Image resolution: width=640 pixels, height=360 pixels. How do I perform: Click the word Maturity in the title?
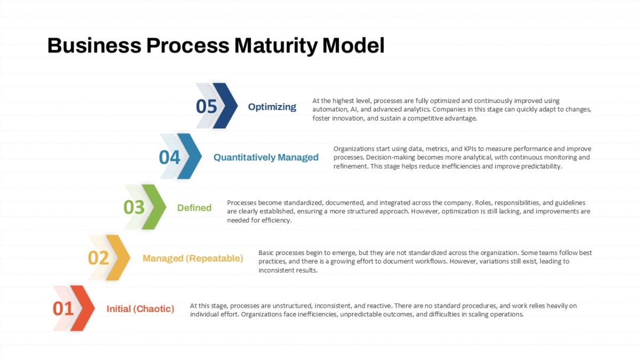click(276, 46)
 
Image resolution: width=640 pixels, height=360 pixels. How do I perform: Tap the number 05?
click(206, 107)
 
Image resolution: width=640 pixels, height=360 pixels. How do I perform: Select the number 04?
click(170, 157)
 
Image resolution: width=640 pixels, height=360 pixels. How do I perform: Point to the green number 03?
click(134, 207)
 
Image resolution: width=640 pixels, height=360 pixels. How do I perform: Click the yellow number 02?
click(98, 258)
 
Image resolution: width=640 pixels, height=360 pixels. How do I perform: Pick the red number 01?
click(63, 309)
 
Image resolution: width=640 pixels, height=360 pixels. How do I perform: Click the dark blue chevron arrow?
click(225, 106)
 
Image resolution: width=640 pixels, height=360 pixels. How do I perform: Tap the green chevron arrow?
click(154, 207)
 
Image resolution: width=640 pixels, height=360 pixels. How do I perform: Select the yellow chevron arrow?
click(118, 258)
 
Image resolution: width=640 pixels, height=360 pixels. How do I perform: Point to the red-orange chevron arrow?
click(83, 308)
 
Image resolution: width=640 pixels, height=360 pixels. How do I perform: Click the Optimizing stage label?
click(272, 107)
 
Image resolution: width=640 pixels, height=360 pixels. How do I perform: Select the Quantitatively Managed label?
click(266, 157)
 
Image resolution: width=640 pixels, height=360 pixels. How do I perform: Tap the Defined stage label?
click(194, 207)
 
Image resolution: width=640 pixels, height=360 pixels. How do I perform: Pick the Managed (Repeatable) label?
click(193, 258)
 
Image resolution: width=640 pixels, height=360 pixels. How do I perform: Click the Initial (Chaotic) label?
click(140, 309)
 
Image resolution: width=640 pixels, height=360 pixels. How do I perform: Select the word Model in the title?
click(354, 46)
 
